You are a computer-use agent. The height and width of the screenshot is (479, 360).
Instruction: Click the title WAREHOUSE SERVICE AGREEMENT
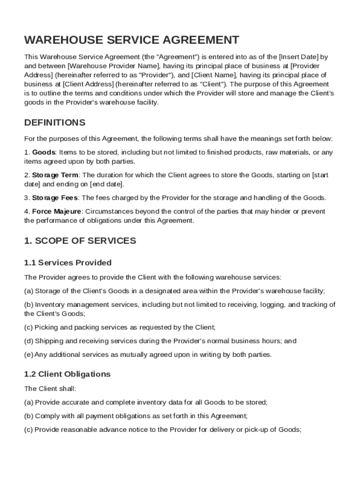click(131, 40)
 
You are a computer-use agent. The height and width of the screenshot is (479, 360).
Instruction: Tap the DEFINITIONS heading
click(55, 123)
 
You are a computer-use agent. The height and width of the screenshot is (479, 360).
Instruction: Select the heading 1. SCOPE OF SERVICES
click(80, 241)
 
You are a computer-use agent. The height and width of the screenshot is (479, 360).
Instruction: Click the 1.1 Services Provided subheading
click(68, 262)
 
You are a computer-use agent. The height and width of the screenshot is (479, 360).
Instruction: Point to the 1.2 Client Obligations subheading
click(67, 374)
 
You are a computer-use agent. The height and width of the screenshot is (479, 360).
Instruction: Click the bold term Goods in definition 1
click(43, 152)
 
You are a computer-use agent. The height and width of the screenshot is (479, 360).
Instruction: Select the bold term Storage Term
click(55, 175)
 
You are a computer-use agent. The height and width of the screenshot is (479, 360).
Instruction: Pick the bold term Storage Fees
click(55, 197)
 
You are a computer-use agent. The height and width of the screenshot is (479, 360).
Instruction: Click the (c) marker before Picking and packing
click(29, 327)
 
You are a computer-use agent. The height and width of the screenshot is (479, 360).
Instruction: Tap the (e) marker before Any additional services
click(29, 355)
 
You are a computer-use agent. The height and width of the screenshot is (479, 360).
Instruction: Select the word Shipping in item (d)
click(48, 341)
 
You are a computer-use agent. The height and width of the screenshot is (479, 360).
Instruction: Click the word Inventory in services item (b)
click(50, 305)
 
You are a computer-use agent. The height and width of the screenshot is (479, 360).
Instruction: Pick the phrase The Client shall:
click(50, 388)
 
